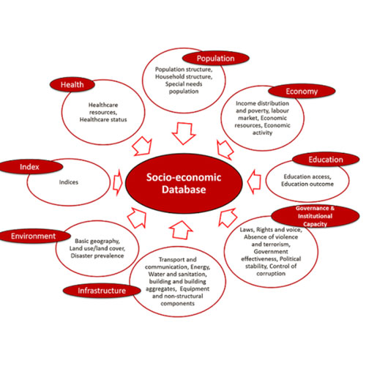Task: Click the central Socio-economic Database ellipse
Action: pos(184,184)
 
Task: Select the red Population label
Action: pos(216,59)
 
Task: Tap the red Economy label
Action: pos(302,91)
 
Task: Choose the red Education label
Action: pos(326,160)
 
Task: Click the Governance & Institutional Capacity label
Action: pos(315,216)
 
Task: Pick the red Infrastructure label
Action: pos(102,291)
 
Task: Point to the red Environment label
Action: pos(34,236)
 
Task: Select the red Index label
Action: pos(29,167)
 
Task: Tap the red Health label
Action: pos(72,85)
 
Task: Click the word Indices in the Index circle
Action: pos(69,182)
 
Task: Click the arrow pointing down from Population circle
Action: pos(184,134)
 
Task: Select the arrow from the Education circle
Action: pos(254,182)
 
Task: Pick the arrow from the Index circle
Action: pos(118,182)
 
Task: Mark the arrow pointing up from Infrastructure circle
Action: pos(181,230)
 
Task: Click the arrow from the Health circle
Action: pos(142,146)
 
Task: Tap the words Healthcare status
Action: pos(103,119)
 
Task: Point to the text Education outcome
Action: pos(307,184)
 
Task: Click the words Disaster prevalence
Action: pos(97,255)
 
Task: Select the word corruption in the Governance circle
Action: pos(271,274)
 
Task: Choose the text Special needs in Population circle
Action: pos(184,84)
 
